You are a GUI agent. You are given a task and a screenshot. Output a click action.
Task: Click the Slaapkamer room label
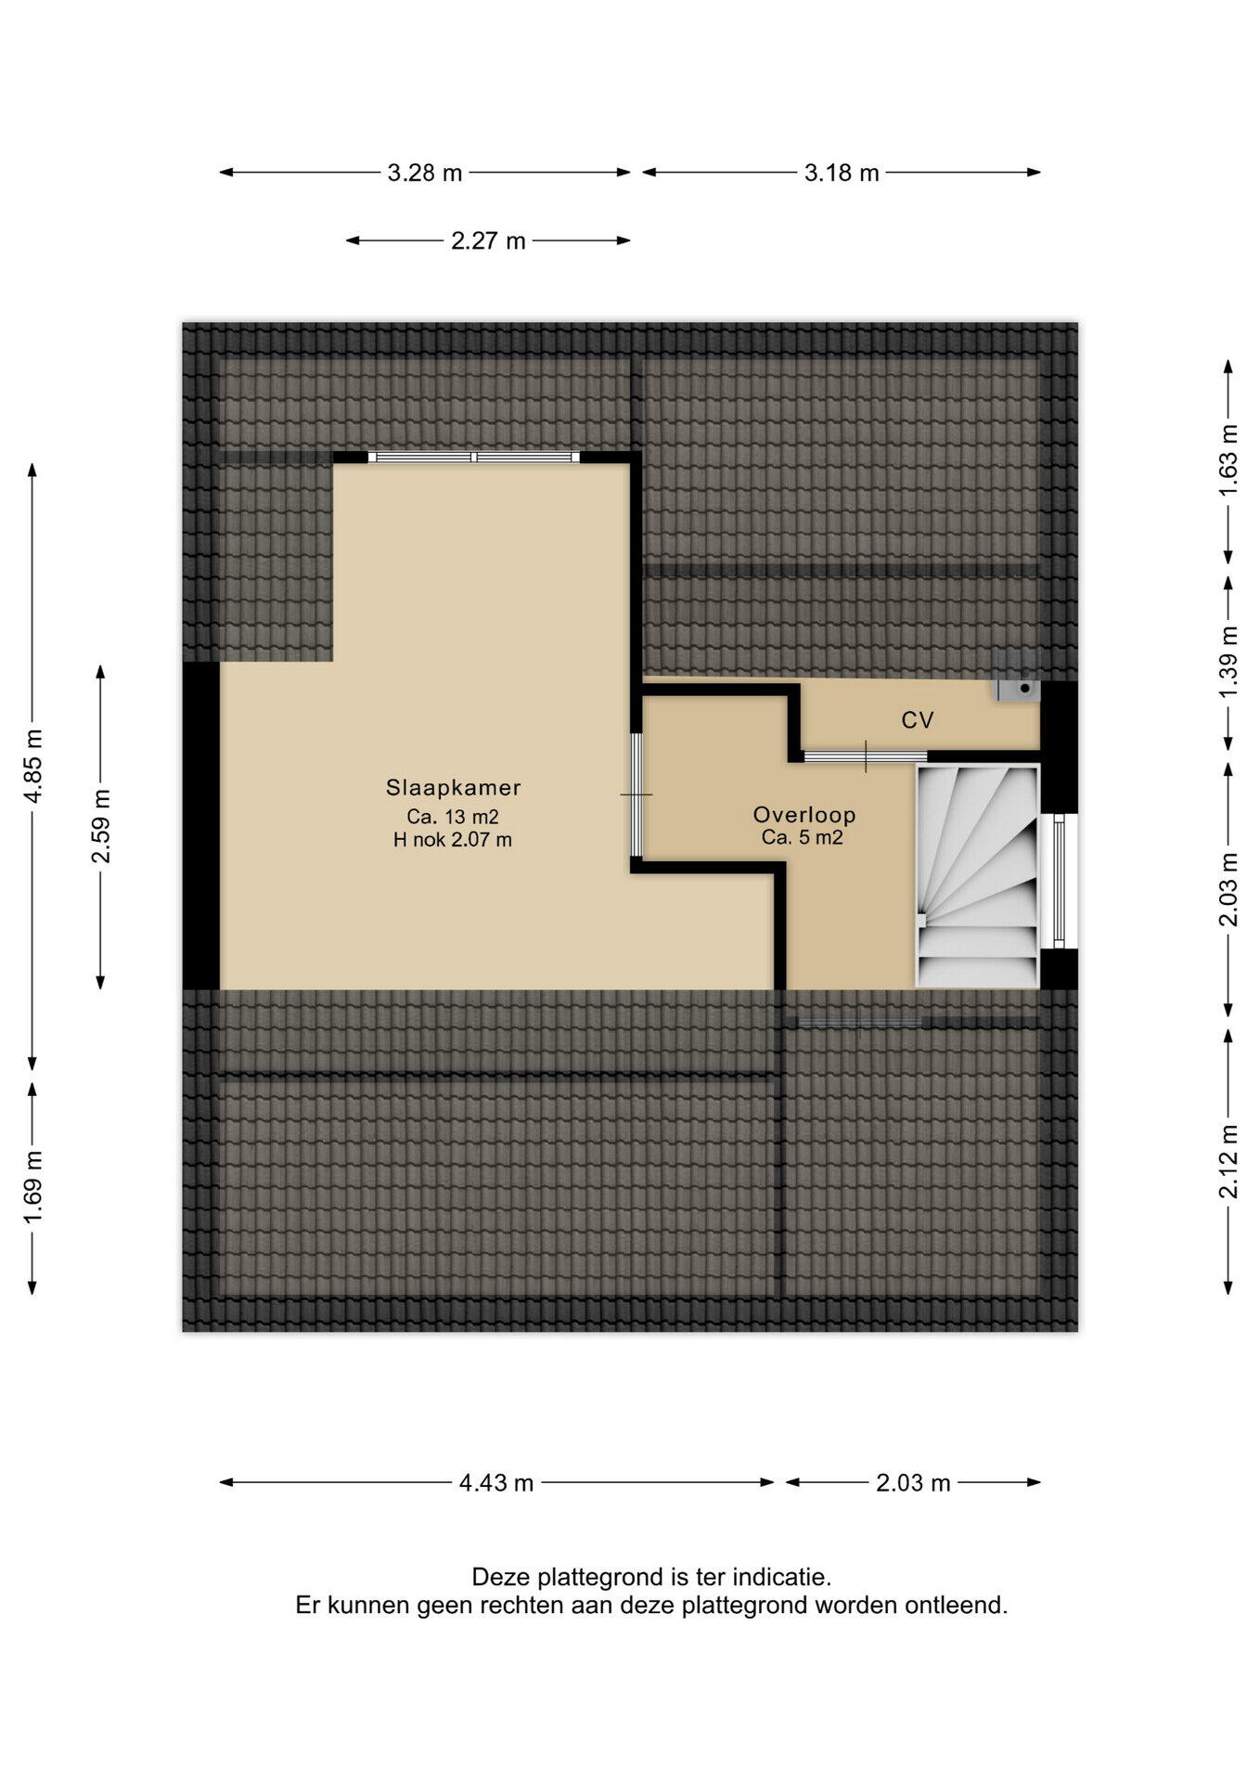pos(453,788)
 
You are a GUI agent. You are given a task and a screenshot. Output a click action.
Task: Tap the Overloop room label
pos(804,815)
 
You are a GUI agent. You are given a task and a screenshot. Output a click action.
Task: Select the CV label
pos(917,720)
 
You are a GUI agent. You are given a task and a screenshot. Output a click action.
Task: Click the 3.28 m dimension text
pos(425,173)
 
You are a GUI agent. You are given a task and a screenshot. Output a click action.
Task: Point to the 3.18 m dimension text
pos(842,173)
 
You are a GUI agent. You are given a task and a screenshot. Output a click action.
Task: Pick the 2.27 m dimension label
pos(488,241)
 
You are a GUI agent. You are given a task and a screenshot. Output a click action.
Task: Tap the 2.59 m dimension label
pos(101,826)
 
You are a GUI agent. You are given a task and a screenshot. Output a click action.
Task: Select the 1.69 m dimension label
pos(33,1187)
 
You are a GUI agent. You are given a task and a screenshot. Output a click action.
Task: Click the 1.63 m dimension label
pos(1228,460)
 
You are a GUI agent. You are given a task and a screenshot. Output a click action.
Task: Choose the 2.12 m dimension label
pos(1228,1161)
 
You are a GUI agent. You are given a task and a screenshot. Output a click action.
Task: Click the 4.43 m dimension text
pos(496,1483)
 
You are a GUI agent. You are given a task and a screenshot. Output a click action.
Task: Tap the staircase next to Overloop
pos(977,875)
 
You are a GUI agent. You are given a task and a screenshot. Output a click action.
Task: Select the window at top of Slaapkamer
pos(474,457)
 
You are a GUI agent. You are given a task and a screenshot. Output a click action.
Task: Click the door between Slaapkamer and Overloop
pos(636,794)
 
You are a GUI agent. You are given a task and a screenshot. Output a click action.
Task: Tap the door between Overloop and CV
pos(865,756)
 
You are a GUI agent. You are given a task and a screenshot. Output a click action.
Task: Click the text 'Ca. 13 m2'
pos(453,817)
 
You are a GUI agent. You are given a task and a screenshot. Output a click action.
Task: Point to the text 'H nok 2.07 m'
pos(453,841)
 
